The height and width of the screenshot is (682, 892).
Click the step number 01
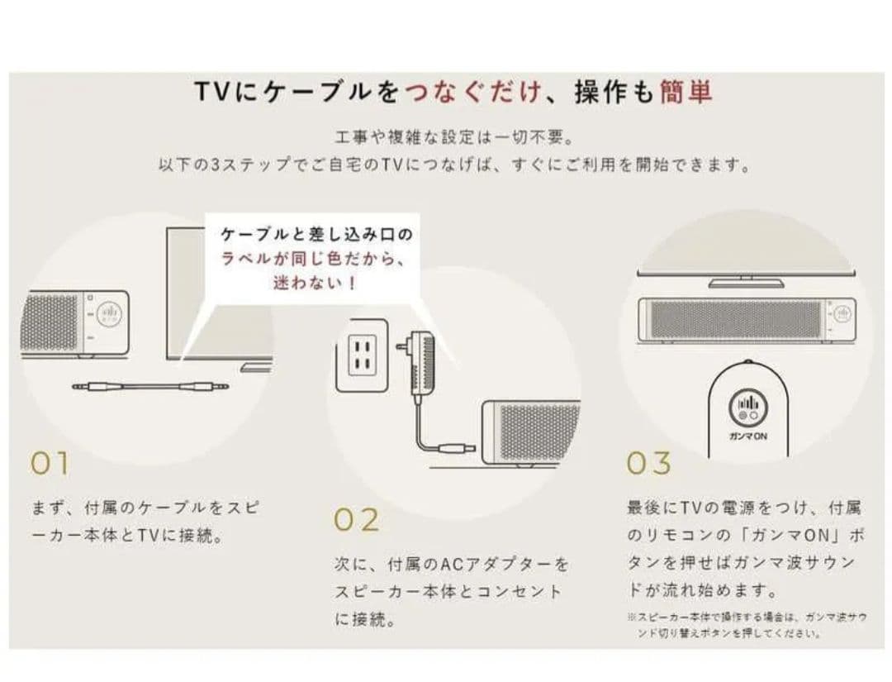[49, 464]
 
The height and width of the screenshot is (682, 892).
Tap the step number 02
[357, 520]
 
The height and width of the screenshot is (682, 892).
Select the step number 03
[648, 464]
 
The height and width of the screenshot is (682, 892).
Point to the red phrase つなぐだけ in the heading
[474, 92]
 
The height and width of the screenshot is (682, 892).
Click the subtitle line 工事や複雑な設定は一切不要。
[454, 136]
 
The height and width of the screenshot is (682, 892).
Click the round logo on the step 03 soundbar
[841, 314]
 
